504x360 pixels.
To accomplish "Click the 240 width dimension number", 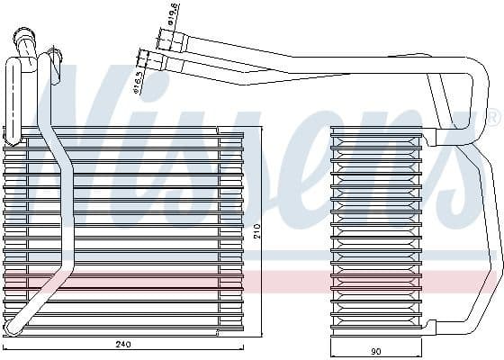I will tap(123, 344).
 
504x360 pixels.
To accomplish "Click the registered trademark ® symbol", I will tap(494, 118).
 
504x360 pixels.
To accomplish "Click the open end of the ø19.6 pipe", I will tap(160, 38).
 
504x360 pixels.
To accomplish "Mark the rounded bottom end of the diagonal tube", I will tap(13, 326).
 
